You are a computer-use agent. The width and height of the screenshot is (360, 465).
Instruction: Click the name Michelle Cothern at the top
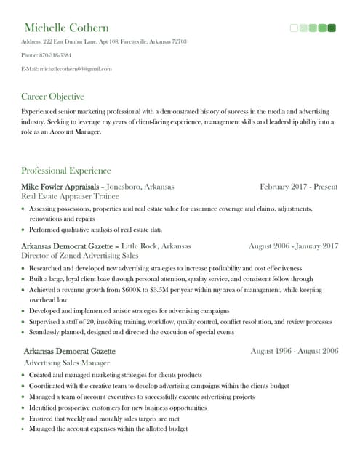tap(66, 28)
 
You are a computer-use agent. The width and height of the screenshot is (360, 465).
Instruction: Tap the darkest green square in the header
tap(332, 28)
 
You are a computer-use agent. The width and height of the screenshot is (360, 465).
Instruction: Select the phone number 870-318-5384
tap(56, 55)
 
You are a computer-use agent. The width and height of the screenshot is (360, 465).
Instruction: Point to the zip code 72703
tap(179, 41)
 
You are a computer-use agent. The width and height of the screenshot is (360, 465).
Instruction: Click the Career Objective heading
tap(52, 96)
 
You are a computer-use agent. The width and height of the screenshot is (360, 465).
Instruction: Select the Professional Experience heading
tap(65, 171)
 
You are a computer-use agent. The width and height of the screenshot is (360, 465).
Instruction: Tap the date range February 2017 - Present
tap(298, 187)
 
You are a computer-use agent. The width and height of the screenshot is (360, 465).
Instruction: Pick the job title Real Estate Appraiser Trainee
tap(69, 196)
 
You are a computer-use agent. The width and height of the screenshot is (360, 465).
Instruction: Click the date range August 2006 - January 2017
tap(293, 246)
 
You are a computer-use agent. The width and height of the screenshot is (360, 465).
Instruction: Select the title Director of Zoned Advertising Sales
tap(80, 256)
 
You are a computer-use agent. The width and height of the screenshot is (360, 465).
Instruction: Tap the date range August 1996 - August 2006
tap(294, 351)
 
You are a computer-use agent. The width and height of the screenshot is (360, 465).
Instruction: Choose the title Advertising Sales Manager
tap(67, 362)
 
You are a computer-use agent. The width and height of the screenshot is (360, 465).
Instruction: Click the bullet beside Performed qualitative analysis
tap(24, 230)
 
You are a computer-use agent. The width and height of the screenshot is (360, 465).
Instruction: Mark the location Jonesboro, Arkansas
tap(140, 187)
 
